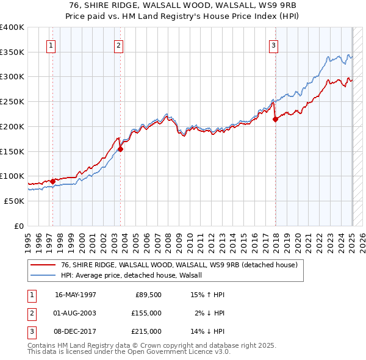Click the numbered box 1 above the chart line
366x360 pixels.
51,45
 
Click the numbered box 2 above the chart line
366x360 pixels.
118,45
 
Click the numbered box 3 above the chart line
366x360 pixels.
273,45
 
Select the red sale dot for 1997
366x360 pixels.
52,181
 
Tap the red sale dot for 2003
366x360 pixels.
120,148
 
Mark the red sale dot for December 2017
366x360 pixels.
275,119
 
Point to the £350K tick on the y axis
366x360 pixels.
12,52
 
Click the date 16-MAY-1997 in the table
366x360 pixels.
76,295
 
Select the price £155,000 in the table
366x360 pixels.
146,313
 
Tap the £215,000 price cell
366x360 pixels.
146,331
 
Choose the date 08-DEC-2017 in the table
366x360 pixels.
76,331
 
